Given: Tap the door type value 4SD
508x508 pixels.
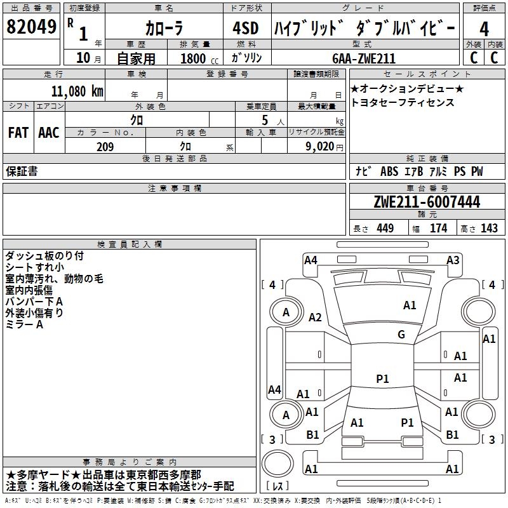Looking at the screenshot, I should click(246, 29).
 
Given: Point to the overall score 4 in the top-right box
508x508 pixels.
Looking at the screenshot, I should click(484, 29).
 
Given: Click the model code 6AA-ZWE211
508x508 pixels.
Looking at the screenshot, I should click(363, 58).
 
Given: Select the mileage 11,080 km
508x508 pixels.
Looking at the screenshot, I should click(74, 91).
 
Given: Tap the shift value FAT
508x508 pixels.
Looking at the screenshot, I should click(18, 132).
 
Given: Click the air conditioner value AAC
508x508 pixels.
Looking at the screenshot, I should click(48, 132).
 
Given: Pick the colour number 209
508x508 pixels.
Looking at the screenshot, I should click(105, 146).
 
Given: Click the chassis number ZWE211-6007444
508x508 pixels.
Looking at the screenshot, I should click(426, 202).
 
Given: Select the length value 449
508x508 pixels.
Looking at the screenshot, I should click(384, 228).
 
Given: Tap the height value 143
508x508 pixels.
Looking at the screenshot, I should click(489, 228).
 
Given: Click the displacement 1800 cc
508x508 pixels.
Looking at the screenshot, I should click(197, 58).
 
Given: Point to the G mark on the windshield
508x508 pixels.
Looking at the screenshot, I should click(401, 335).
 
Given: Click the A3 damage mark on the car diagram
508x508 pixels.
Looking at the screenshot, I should click(452, 260).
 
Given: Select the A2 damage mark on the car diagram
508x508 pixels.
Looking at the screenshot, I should click(314, 317).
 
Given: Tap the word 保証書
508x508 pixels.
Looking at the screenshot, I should click(22, 171).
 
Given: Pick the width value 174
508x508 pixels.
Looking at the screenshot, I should click(438, 228).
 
